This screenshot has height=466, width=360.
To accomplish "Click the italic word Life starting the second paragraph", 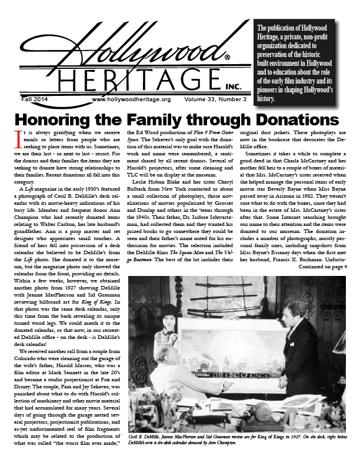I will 27,188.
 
